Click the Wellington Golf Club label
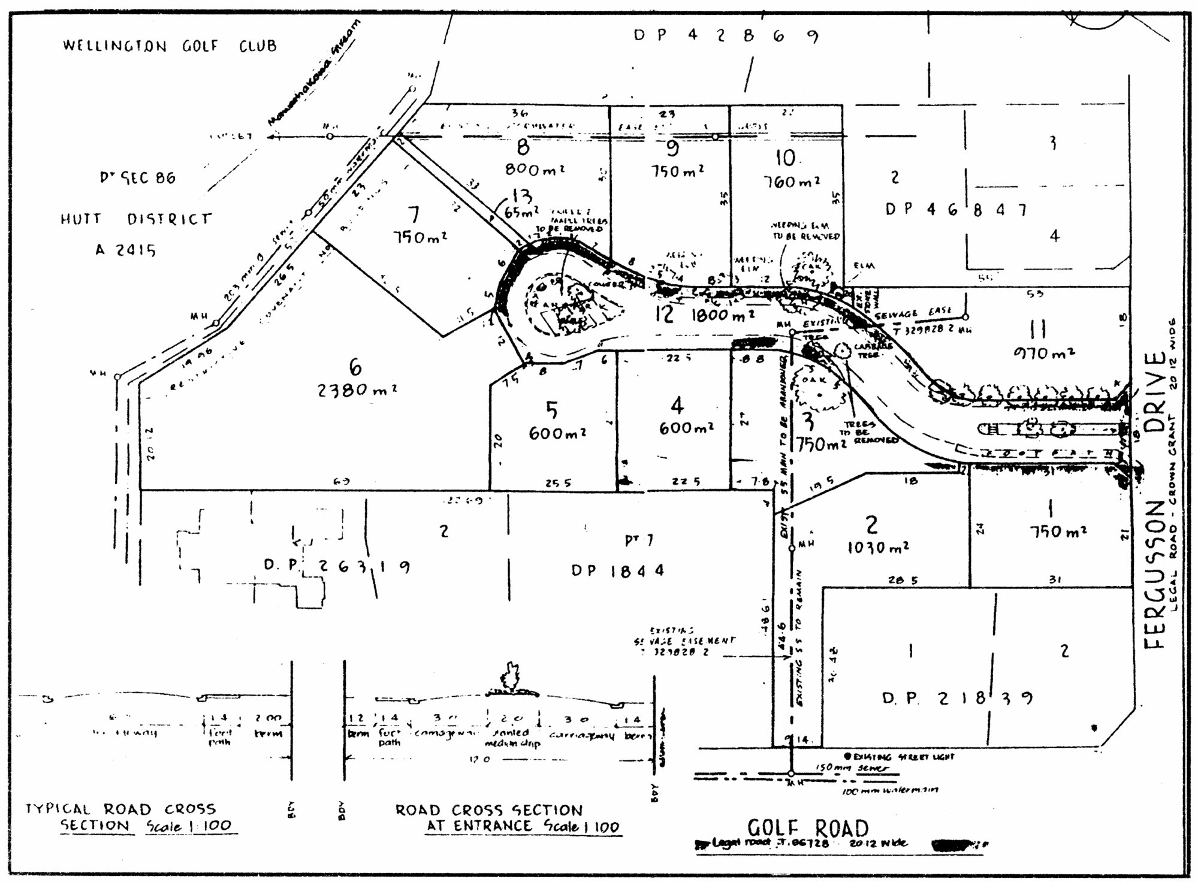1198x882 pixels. pos(170,46)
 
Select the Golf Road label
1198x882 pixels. pos(807,828)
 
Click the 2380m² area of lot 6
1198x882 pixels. pos(357,390)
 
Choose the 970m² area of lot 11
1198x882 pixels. pos(1044,353)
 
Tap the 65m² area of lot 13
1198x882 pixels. pos(521,212)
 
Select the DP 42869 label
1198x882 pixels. pos(726,36)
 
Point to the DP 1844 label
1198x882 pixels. pos(618,570)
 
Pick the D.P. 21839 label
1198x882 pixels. pos(958,698)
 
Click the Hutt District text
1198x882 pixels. pos(136,219)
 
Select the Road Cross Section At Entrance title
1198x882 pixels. pos(506,818)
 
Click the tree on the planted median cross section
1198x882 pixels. pos(510,677)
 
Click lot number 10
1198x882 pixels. pos(786,158)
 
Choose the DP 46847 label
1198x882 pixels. pos(956,210)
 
